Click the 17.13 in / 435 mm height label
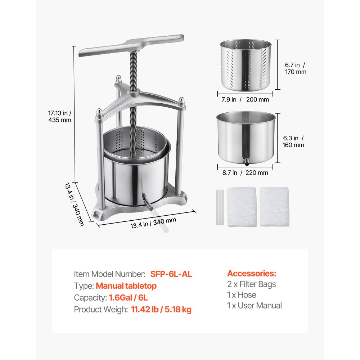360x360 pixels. (60, 116)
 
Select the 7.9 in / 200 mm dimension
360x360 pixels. (245, 100)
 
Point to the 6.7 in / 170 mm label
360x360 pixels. (296, 68)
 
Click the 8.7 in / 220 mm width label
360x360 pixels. (245, 173)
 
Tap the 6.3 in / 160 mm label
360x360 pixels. (293, 141)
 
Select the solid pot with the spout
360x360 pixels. (246, 138)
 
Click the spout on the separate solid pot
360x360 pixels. (246, 161)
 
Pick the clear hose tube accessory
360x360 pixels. (220, 207)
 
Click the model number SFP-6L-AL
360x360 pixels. (171, 274)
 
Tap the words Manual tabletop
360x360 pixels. (126, 286)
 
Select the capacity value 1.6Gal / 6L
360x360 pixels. (128, 298)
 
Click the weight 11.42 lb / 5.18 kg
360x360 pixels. (161, 310)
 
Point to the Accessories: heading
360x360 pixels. (252, 274)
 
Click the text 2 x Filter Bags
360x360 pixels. (251, 284)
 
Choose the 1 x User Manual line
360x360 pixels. (255, 306)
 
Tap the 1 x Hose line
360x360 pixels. (242, 295)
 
